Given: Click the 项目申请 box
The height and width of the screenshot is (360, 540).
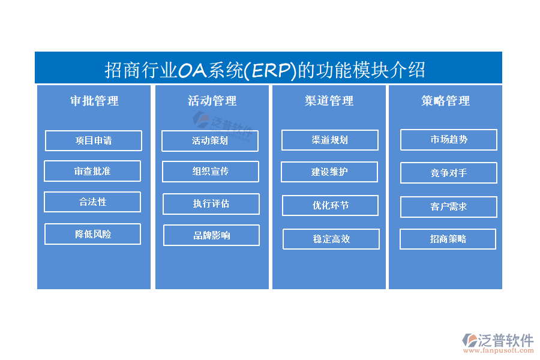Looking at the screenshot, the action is [94, 140].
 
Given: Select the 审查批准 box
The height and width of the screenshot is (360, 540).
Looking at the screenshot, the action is [92, 171].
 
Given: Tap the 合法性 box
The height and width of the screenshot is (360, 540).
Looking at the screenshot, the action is [92, 202].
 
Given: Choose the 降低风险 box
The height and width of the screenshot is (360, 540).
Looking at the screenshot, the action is [92, 234].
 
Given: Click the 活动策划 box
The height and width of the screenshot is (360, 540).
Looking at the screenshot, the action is [210, 141].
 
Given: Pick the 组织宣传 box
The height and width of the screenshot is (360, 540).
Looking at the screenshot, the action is [211, 172].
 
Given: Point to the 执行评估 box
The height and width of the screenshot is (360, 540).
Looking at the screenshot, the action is [211, 204].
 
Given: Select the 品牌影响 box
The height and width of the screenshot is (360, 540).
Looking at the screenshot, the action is [211, 235].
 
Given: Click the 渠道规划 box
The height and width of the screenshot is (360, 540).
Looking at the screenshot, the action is [330, 140].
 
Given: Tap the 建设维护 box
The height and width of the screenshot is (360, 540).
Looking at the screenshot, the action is [329, 172].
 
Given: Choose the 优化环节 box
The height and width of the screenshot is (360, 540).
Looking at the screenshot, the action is [330, 205].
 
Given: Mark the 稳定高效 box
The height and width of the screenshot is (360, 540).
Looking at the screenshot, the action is [331, 239].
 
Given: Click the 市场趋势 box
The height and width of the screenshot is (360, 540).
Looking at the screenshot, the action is [449, 140].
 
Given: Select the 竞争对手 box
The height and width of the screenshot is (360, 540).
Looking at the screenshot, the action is [449, 173].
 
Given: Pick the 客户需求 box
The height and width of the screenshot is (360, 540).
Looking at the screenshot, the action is [449, 206].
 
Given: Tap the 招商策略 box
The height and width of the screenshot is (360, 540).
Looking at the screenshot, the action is [448, 239].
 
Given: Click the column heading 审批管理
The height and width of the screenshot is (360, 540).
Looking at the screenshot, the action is [94, 101].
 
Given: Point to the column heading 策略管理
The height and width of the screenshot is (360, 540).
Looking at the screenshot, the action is [446, 101].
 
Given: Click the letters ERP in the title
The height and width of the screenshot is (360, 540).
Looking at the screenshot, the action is [271, 70].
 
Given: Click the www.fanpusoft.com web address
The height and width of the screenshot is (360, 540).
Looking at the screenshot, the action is [499, 350].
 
